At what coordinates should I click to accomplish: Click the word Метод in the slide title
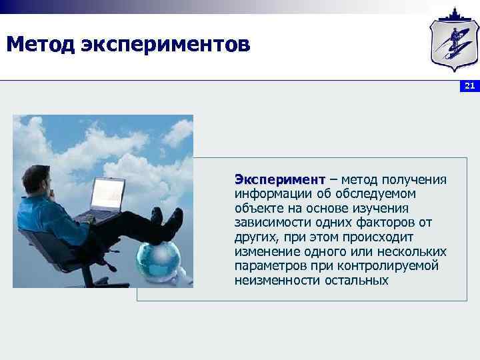(x=40, y=45)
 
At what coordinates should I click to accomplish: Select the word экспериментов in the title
(x=166, y=45)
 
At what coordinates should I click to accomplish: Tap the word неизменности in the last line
(x=277, y=280)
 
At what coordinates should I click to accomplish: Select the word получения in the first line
(x=413, y=179)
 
